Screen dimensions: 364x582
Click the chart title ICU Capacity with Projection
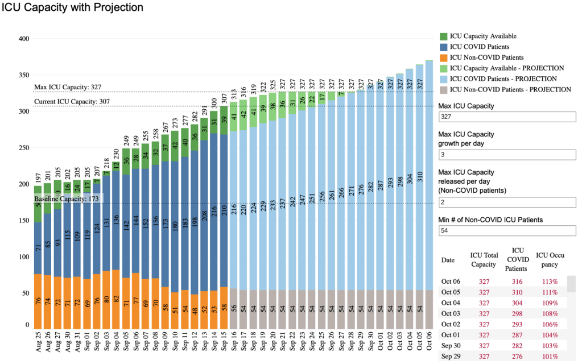[72, 8]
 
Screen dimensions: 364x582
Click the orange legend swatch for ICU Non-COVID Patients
[444, 57]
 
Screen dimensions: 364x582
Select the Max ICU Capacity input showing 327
[507, 117]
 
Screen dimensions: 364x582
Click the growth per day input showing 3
[507, 154]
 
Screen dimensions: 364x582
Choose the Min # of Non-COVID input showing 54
[507, 230]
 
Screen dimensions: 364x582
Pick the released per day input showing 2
[507, 202]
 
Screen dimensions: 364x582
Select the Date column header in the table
[448, 260]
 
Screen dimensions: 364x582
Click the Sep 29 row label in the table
[451, 356]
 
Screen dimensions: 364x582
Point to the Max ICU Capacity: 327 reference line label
[67, 87]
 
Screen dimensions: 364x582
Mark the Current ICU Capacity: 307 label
[72, 102]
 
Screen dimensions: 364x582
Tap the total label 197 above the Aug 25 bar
[38, 177]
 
